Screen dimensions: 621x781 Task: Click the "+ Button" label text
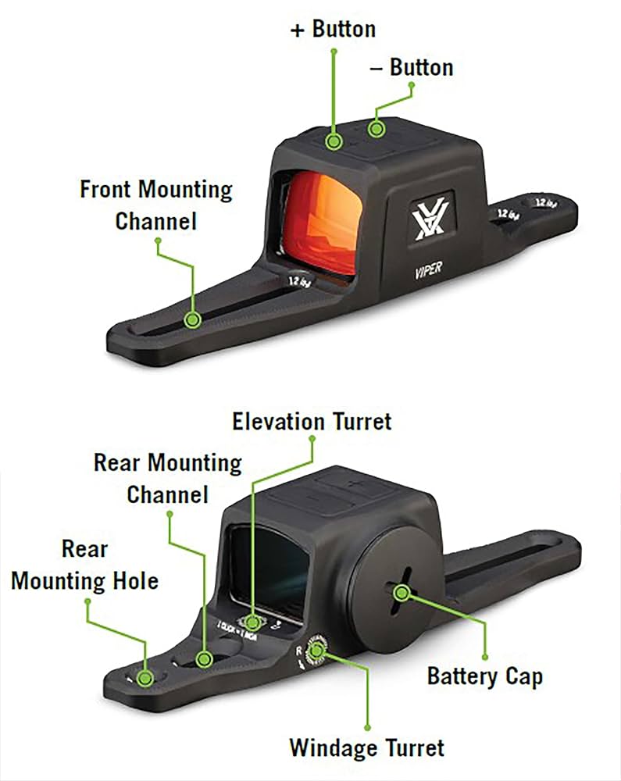333,30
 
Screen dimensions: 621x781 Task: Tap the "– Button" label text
411,67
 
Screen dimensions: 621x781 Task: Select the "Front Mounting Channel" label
156,205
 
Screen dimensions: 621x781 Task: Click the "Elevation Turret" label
312,422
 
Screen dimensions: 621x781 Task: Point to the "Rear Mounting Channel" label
168,478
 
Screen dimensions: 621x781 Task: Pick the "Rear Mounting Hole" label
84,565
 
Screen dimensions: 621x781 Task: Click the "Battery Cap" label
484,676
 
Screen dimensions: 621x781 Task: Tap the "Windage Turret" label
366,747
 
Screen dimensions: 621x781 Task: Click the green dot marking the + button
334,141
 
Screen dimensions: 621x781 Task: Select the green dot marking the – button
377,129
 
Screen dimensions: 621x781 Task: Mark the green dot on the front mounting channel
192,319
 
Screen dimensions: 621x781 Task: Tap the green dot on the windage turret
316,650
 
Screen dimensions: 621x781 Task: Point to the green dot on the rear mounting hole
145,677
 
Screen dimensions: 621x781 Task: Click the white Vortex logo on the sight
429,221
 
